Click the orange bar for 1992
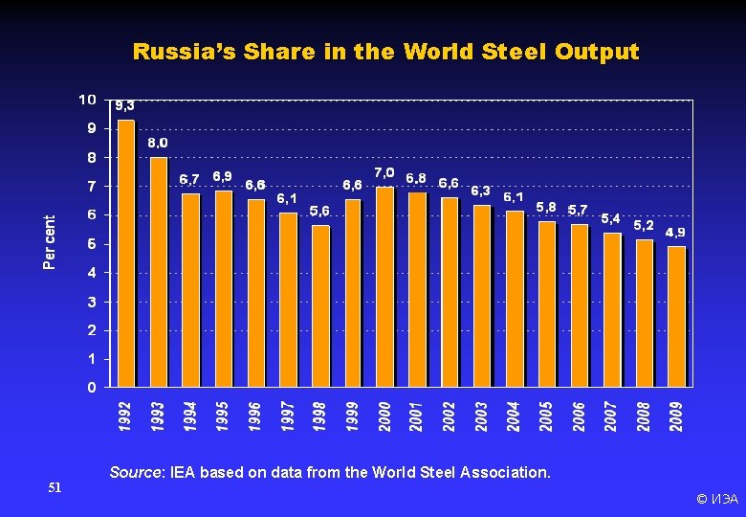tap(125, 254)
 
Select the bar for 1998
tap(320, 306)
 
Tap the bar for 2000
tap(384, 287)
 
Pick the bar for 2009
tap(676, 317)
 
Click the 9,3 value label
tap(124, 105)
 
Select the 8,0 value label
tap(158, 143)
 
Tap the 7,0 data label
tap(384, 172)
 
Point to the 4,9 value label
tap(675, 232)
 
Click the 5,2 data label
tap(644, 225)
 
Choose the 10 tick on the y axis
tap(87, 100)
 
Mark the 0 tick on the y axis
tap(91, 388)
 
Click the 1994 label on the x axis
tap(190, 416)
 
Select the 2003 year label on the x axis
tap(482, 416)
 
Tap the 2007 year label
tap(611, 416)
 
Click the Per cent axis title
tap(50, 241)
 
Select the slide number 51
tap(55, 488)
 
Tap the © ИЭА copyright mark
tap(716, 499)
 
